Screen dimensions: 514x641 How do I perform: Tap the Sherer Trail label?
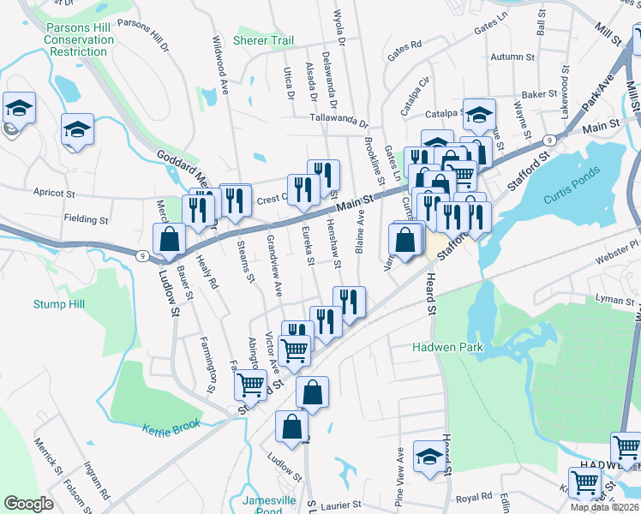[x=263, y=40]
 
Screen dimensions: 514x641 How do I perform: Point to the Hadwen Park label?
[x=447, y=347]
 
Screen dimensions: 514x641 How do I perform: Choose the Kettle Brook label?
[x=171, y=426]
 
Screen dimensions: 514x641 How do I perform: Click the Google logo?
[x=28, y=504]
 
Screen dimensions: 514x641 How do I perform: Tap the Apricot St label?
[x=56, y=193]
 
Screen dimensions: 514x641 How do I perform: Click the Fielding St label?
[x=86, y=219]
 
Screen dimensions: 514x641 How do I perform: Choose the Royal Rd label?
[x=474, y=497]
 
